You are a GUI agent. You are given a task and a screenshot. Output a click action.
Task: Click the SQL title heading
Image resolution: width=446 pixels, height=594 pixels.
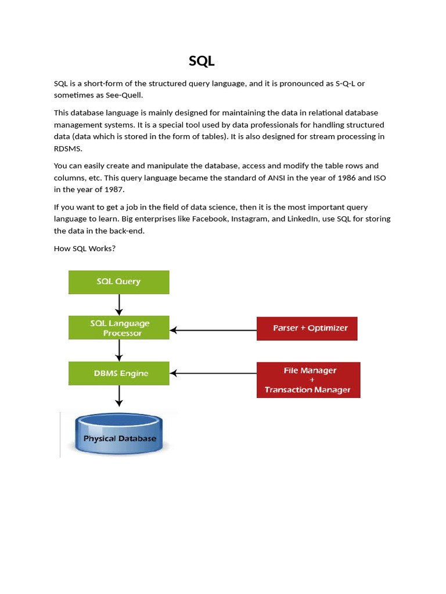point(202,61)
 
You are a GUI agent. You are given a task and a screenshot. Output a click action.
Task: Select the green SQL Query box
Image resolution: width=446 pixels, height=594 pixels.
point(119,282)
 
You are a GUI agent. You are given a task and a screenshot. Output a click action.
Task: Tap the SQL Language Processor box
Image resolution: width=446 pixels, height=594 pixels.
point(119,328)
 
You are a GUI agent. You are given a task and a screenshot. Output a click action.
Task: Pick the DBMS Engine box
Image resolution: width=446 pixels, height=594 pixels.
point(119,374)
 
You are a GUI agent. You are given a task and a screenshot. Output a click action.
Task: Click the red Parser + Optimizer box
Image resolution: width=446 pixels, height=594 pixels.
point(307,328)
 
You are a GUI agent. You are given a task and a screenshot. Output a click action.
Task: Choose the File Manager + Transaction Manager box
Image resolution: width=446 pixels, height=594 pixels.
point(308,380)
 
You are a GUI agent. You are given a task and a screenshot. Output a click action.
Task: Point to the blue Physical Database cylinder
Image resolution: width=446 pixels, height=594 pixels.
point(120,434)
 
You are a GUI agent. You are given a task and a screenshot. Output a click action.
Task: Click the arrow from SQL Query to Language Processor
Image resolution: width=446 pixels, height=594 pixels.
point(119,305)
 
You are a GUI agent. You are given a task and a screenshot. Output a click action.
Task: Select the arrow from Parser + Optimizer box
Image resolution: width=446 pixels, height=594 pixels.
point(213,331)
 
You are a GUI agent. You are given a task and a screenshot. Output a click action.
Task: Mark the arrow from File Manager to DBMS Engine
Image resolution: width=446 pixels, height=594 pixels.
point(213,374)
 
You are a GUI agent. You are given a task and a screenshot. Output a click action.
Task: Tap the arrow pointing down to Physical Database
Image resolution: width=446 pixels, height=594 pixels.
point(119,396)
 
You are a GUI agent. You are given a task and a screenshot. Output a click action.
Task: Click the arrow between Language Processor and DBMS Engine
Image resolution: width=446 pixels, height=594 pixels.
point(119,350)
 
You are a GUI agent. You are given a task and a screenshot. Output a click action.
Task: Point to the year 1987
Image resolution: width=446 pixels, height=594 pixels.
point(114,190)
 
